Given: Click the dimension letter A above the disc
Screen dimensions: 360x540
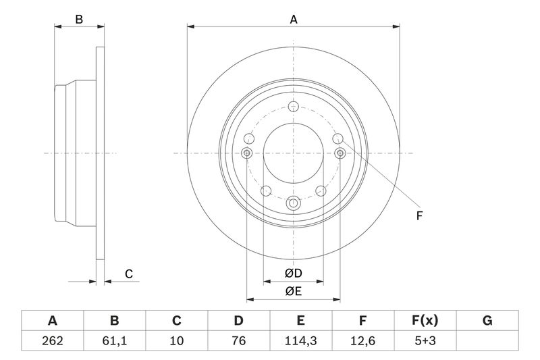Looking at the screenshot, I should [294, 20].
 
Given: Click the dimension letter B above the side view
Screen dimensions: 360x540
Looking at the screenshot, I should [79, 20].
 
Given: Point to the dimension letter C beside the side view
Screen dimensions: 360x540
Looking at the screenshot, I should [128, 274].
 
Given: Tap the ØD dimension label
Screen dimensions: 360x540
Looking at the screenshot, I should [293, 274].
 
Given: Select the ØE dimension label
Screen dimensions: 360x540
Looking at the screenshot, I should [293, 291].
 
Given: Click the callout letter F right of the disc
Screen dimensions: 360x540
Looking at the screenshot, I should [419, 216].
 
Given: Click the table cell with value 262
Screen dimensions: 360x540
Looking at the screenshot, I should [53, 340].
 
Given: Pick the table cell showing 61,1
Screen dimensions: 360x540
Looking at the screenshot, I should [115, 340].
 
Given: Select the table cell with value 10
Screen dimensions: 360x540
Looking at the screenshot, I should [177, 340].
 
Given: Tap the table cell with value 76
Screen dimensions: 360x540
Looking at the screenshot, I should [239, 340].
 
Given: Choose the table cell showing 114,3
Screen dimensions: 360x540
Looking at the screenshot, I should [301, 340].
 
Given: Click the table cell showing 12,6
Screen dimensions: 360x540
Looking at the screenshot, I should [363, 340].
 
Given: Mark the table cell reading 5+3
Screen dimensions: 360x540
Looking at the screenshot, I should [425, 340].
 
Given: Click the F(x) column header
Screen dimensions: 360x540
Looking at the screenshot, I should [425, 321].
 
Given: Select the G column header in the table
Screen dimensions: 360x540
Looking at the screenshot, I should [487, 321].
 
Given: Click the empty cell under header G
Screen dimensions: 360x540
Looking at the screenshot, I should [487, 340].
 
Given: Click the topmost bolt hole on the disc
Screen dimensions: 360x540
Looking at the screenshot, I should [293, 107].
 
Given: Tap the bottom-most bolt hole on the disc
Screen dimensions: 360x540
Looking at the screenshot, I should [293, 203].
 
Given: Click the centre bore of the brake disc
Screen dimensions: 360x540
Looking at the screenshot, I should [293, 153].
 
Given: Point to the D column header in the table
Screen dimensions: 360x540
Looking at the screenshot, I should [239, 321].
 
